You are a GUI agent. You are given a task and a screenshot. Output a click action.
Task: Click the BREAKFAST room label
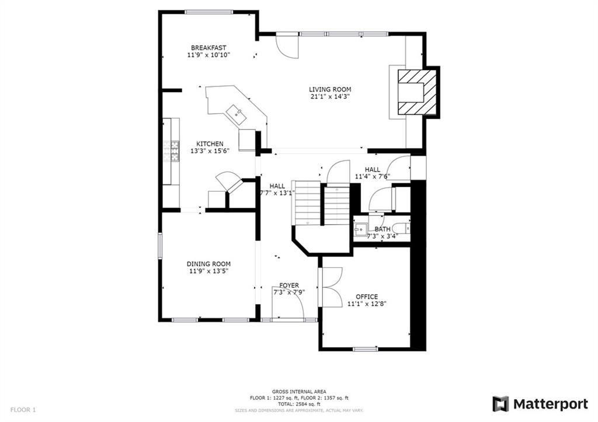tap(208, 48)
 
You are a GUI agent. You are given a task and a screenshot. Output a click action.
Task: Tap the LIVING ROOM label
tap(330, 89)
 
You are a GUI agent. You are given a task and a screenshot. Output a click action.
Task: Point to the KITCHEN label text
tap(209, 144)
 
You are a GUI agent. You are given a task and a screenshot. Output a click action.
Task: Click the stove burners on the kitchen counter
tap(173, 151)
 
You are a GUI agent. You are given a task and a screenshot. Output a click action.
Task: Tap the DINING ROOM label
tap(208, 264)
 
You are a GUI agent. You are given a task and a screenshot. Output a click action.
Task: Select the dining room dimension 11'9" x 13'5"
tap(208, 271)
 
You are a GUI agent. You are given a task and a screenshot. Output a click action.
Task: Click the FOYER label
tap(289, 285)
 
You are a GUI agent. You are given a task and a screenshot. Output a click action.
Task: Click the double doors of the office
tap(332, 287)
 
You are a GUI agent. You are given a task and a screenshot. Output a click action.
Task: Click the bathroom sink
tap(360, 228)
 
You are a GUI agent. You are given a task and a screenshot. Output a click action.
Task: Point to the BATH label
tap(383, 229)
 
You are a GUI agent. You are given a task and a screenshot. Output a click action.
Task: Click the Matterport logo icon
tap(500, 404)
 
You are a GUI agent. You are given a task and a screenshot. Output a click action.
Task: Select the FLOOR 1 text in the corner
tap(22, 410)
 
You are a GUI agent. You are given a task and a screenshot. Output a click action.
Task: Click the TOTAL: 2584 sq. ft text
tap(298, 404)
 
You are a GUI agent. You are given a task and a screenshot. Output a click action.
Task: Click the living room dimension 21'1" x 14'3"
tap(330, 97)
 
